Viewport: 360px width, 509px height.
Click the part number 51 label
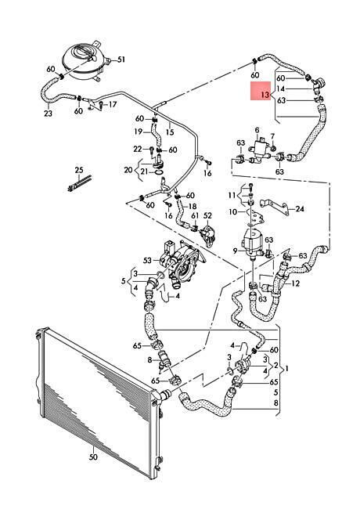coord(121,60)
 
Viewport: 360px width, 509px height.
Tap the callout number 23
coord(48,114)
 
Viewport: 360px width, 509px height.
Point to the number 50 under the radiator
coord(93,457)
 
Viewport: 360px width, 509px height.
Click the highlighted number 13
coord(265,95)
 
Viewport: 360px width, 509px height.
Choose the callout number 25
coord(79,170)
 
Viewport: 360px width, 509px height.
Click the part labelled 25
coord(80,183)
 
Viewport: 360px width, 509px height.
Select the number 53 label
coord(147,260)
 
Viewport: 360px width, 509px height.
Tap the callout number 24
coord(300,209)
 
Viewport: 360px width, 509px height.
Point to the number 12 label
coord(296,283)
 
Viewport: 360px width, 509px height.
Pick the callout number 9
coord(236,251)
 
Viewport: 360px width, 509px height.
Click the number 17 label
coord(112,104)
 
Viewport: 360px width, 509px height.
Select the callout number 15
coord(170,132)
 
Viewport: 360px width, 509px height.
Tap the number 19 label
coord(139,132)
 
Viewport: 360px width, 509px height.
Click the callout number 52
coord(207,215)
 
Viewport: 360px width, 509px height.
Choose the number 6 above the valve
coord(257,130)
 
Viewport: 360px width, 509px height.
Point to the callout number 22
coord(138,149)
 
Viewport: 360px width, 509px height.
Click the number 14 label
coord(281,88)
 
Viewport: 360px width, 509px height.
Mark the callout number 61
coord(195,215)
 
